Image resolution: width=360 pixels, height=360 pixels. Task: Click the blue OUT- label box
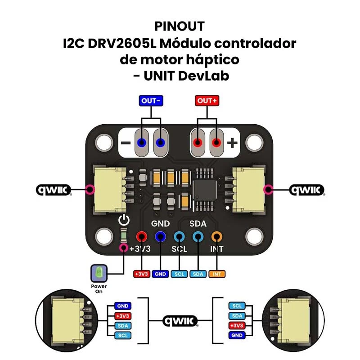coord(151,101)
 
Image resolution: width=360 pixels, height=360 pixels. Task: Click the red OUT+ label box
coord(207,101)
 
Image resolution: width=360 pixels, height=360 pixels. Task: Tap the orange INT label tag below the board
coord(217,274)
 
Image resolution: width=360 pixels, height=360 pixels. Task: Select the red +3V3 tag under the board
coord(142,274)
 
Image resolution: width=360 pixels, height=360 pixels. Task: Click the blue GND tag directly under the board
coord(161,274)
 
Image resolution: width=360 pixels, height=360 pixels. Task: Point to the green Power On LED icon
coord(99,273)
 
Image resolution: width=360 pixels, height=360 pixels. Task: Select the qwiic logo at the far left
coord(54,190)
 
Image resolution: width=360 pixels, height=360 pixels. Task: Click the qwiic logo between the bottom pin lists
coord(180,321)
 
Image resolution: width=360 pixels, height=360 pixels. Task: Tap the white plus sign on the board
coord(232,143)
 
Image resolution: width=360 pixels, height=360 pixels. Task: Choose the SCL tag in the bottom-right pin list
coord(238,306)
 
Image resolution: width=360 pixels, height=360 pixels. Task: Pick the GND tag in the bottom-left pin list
coord(123,306)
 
